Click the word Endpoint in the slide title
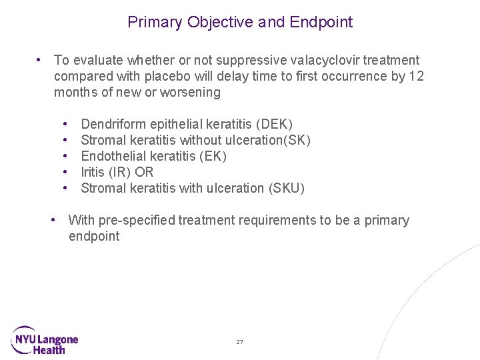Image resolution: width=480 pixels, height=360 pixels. [321, 22]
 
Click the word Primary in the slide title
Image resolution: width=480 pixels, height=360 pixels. [155, 22]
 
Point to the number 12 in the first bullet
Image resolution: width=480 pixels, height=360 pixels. [416, 76]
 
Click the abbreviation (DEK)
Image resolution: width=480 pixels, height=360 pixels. [274, 124]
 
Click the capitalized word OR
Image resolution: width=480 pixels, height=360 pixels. [144, 172]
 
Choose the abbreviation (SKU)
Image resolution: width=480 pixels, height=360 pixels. [286, 188]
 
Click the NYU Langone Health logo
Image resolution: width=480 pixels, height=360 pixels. [45, 339]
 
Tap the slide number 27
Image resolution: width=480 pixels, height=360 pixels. [239, 342]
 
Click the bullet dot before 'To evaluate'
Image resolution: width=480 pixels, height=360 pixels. [41, 61]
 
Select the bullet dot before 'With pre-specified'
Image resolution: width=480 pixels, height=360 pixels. [55, 220]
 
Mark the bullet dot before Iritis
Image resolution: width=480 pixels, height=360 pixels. [67, 172]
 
